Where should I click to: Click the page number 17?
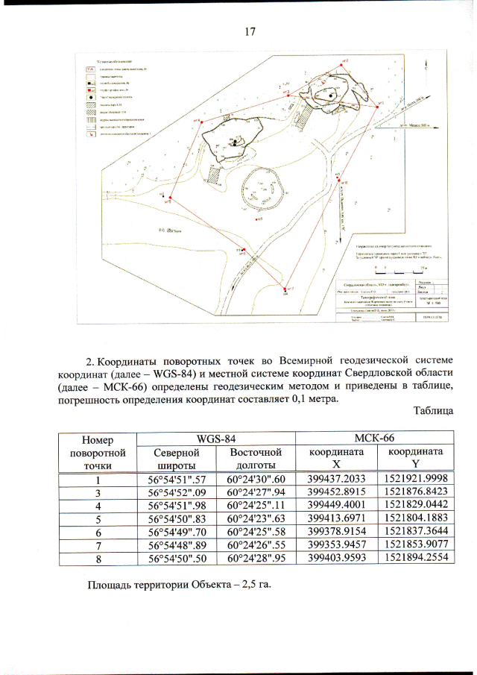click(250, 31)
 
